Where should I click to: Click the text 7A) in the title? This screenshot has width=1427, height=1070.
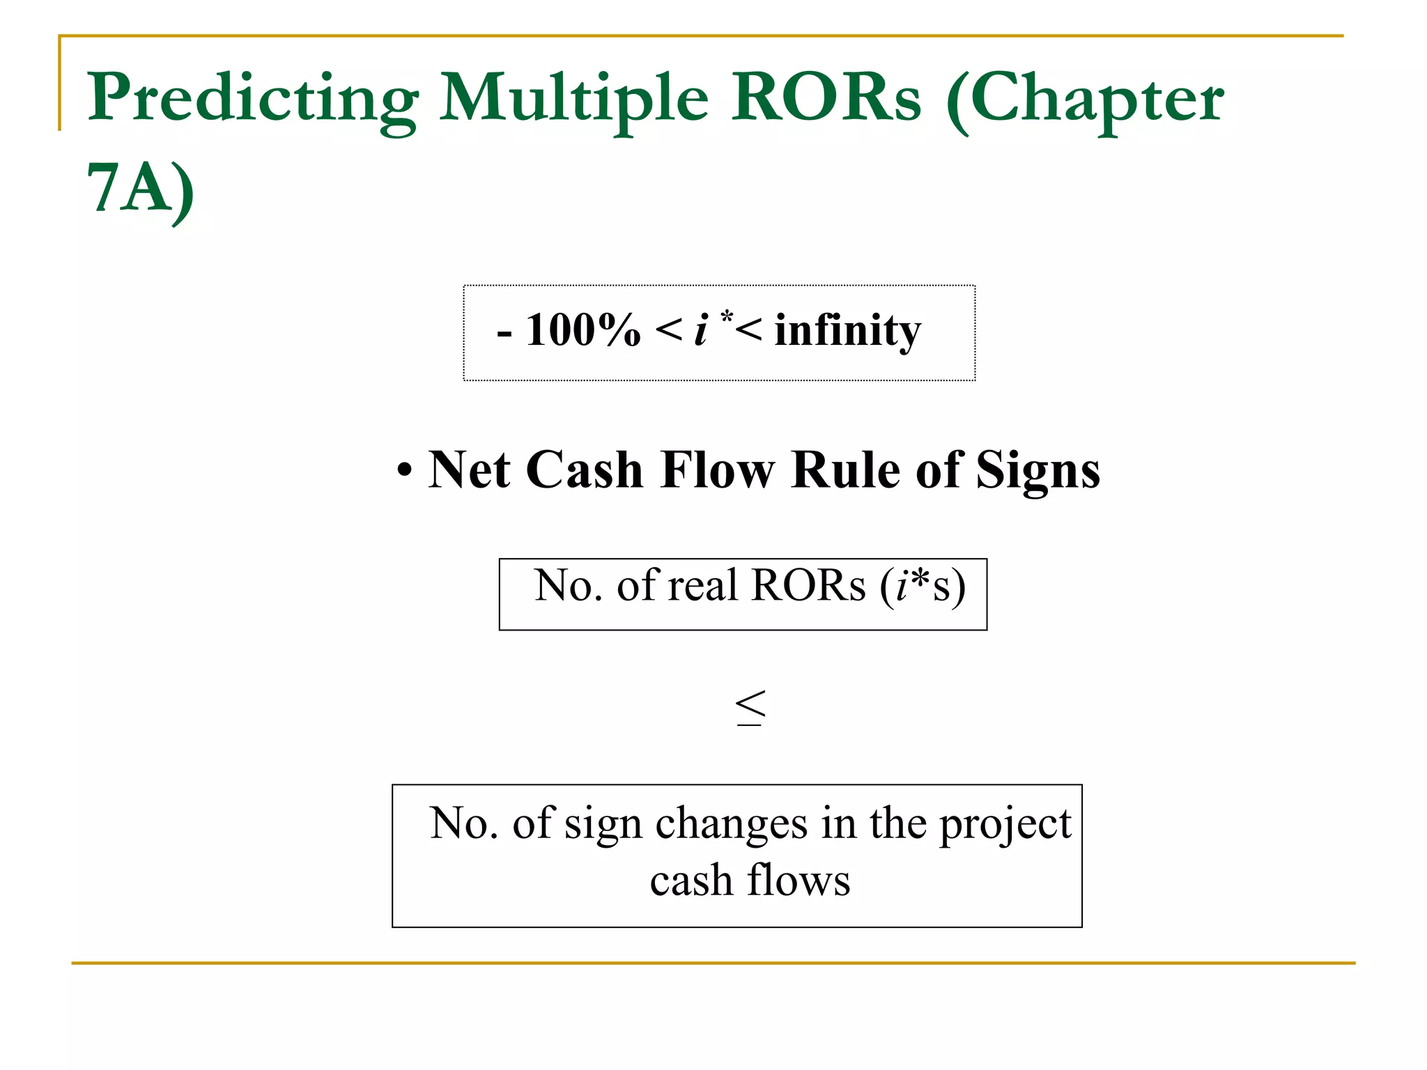(x=140, y=189)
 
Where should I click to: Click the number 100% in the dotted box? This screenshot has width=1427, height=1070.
(x=583, y=330)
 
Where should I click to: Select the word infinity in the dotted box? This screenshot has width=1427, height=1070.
(x=847, y=332)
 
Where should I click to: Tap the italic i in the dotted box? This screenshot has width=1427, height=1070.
(x=701, y=330)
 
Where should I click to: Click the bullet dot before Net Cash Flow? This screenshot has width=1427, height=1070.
(x=404, y=471)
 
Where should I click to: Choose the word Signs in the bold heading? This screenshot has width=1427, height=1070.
(x=1038, y=471)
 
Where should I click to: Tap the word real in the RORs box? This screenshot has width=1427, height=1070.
(x=702, y=585)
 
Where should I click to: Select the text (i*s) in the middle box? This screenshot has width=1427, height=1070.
(x=922, y=587)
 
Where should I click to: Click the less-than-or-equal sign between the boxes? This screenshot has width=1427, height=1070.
(x=750, y=708)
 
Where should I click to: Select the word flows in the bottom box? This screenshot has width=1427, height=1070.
(x=799, y=881)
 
